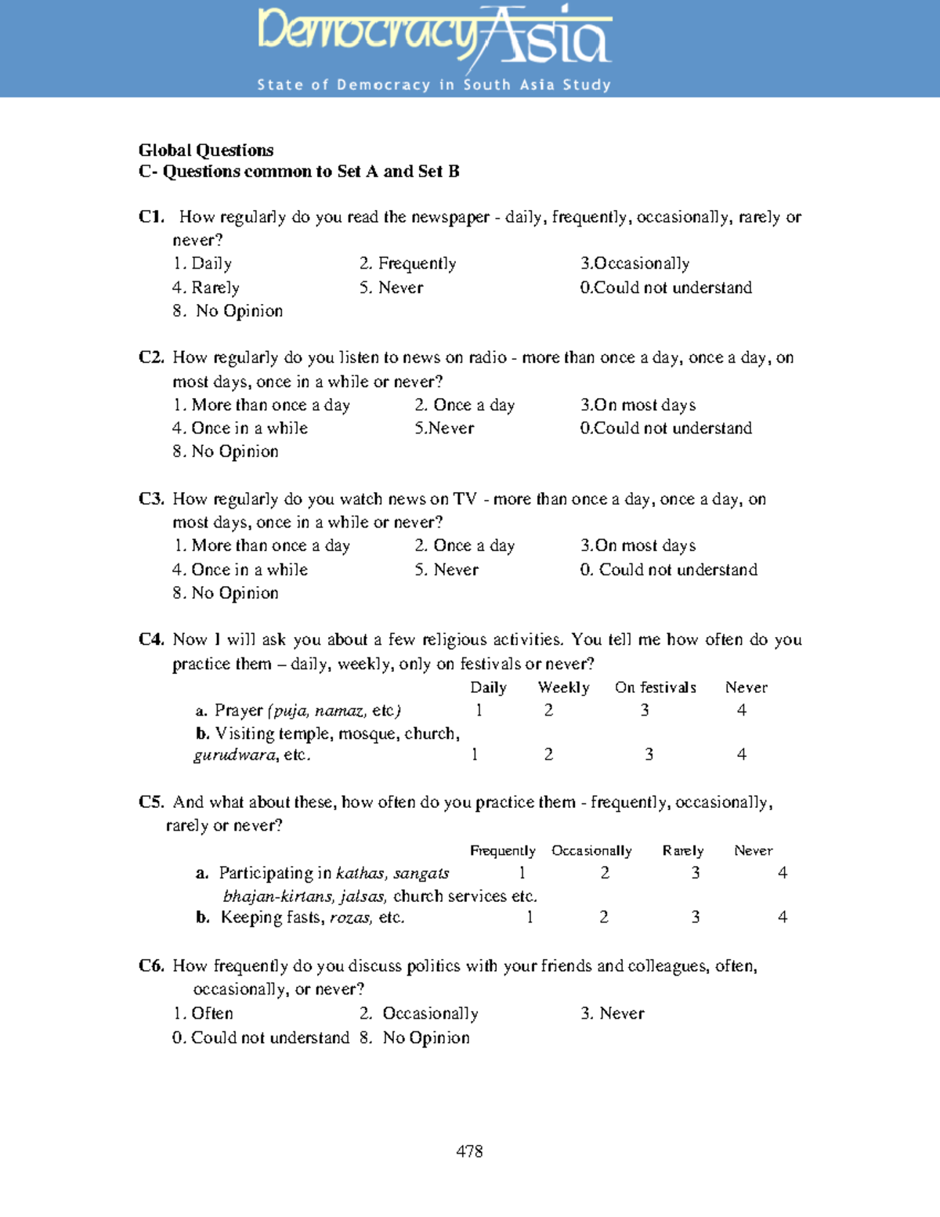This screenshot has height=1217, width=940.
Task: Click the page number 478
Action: tap(469, 1151)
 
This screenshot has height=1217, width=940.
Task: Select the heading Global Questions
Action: tap(206, 150)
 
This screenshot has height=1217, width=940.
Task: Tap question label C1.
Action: tap(151, 217)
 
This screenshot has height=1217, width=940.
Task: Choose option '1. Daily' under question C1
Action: tap(202, 263)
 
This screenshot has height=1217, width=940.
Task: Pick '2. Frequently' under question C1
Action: tap(407, 263)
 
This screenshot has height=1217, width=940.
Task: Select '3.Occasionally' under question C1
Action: tap(634, 263)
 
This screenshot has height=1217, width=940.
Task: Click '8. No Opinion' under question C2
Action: tap(226, 451)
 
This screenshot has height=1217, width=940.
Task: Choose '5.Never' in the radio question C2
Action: tap(444, 428)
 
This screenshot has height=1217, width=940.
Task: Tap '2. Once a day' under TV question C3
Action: tap(465, 545)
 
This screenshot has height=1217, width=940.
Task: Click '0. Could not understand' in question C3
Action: tap(668, 570)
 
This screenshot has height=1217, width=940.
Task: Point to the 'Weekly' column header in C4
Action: tap(563, 687)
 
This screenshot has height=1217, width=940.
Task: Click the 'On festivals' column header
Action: tap(655, 687)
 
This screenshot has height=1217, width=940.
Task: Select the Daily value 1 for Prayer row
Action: tap(479, 710)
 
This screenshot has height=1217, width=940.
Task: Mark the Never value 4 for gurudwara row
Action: tap(741, 755)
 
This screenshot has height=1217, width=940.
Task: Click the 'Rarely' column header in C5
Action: tap(682, 850)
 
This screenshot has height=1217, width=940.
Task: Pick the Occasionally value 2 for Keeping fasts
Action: tap(603, 917)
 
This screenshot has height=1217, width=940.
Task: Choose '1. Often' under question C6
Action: tap(203, 1013)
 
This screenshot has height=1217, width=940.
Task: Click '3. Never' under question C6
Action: tap(612, 1013)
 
